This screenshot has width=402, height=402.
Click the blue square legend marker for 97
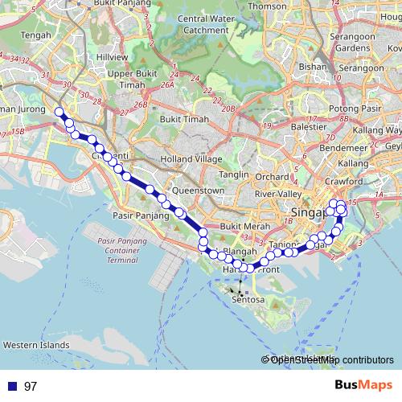pos(11,386)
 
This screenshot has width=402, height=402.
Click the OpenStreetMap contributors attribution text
pos(331,359)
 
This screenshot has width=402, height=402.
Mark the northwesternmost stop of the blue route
pos(59,112)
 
